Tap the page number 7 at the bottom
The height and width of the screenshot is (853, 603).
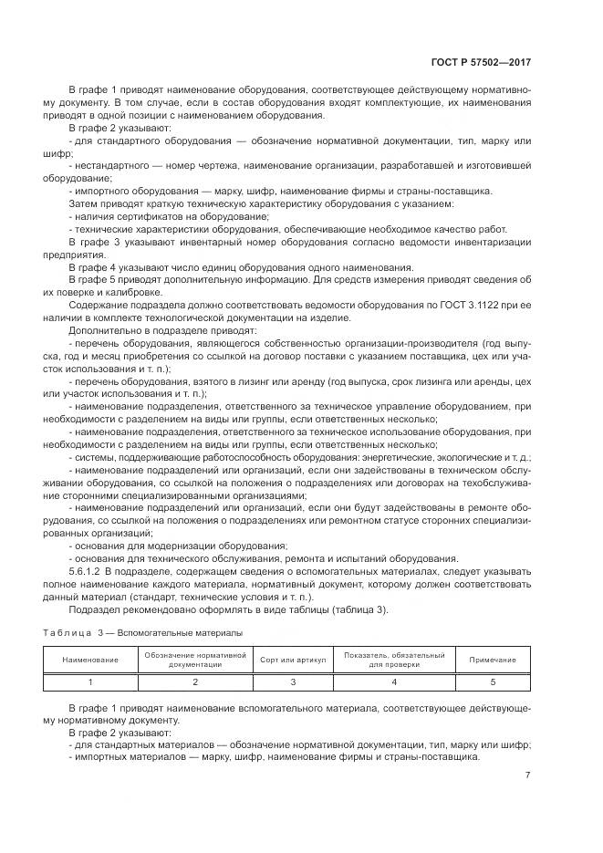528,775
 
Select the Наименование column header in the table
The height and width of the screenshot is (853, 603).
89,660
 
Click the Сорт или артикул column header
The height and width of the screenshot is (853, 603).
291,660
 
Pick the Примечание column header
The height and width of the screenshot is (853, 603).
492,660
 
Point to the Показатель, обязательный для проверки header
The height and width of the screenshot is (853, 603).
394,660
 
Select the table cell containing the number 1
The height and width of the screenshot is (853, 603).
89,681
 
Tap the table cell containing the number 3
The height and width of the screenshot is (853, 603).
291,681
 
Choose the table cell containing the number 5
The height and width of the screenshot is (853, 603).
492,681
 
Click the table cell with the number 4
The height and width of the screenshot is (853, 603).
394,681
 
